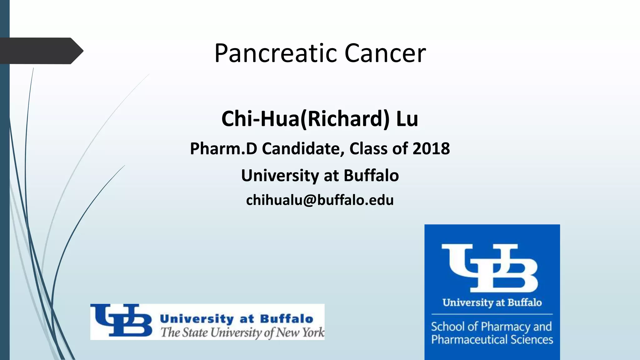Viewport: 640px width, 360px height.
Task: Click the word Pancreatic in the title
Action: coord(275,53)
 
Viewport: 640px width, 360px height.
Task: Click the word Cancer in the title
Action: coord(385,53)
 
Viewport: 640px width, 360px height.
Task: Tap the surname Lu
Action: coord(407,119)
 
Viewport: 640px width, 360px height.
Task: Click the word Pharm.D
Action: coord(223,148)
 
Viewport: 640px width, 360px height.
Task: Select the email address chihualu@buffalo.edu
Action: coord(320,200)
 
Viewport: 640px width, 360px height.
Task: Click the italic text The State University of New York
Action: coord(242,332)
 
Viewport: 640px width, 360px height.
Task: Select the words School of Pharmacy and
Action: coord(491,327)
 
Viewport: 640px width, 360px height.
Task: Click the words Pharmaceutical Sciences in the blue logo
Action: coord(492,340)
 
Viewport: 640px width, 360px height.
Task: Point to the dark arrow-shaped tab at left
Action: coord(41,51)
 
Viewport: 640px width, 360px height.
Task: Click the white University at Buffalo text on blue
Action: coord(492,302)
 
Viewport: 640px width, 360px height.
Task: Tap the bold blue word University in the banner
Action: coord(197,319)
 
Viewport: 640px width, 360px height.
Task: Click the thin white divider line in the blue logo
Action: coord(492,314)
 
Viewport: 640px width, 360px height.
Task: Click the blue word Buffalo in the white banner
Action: coord(286,319)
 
